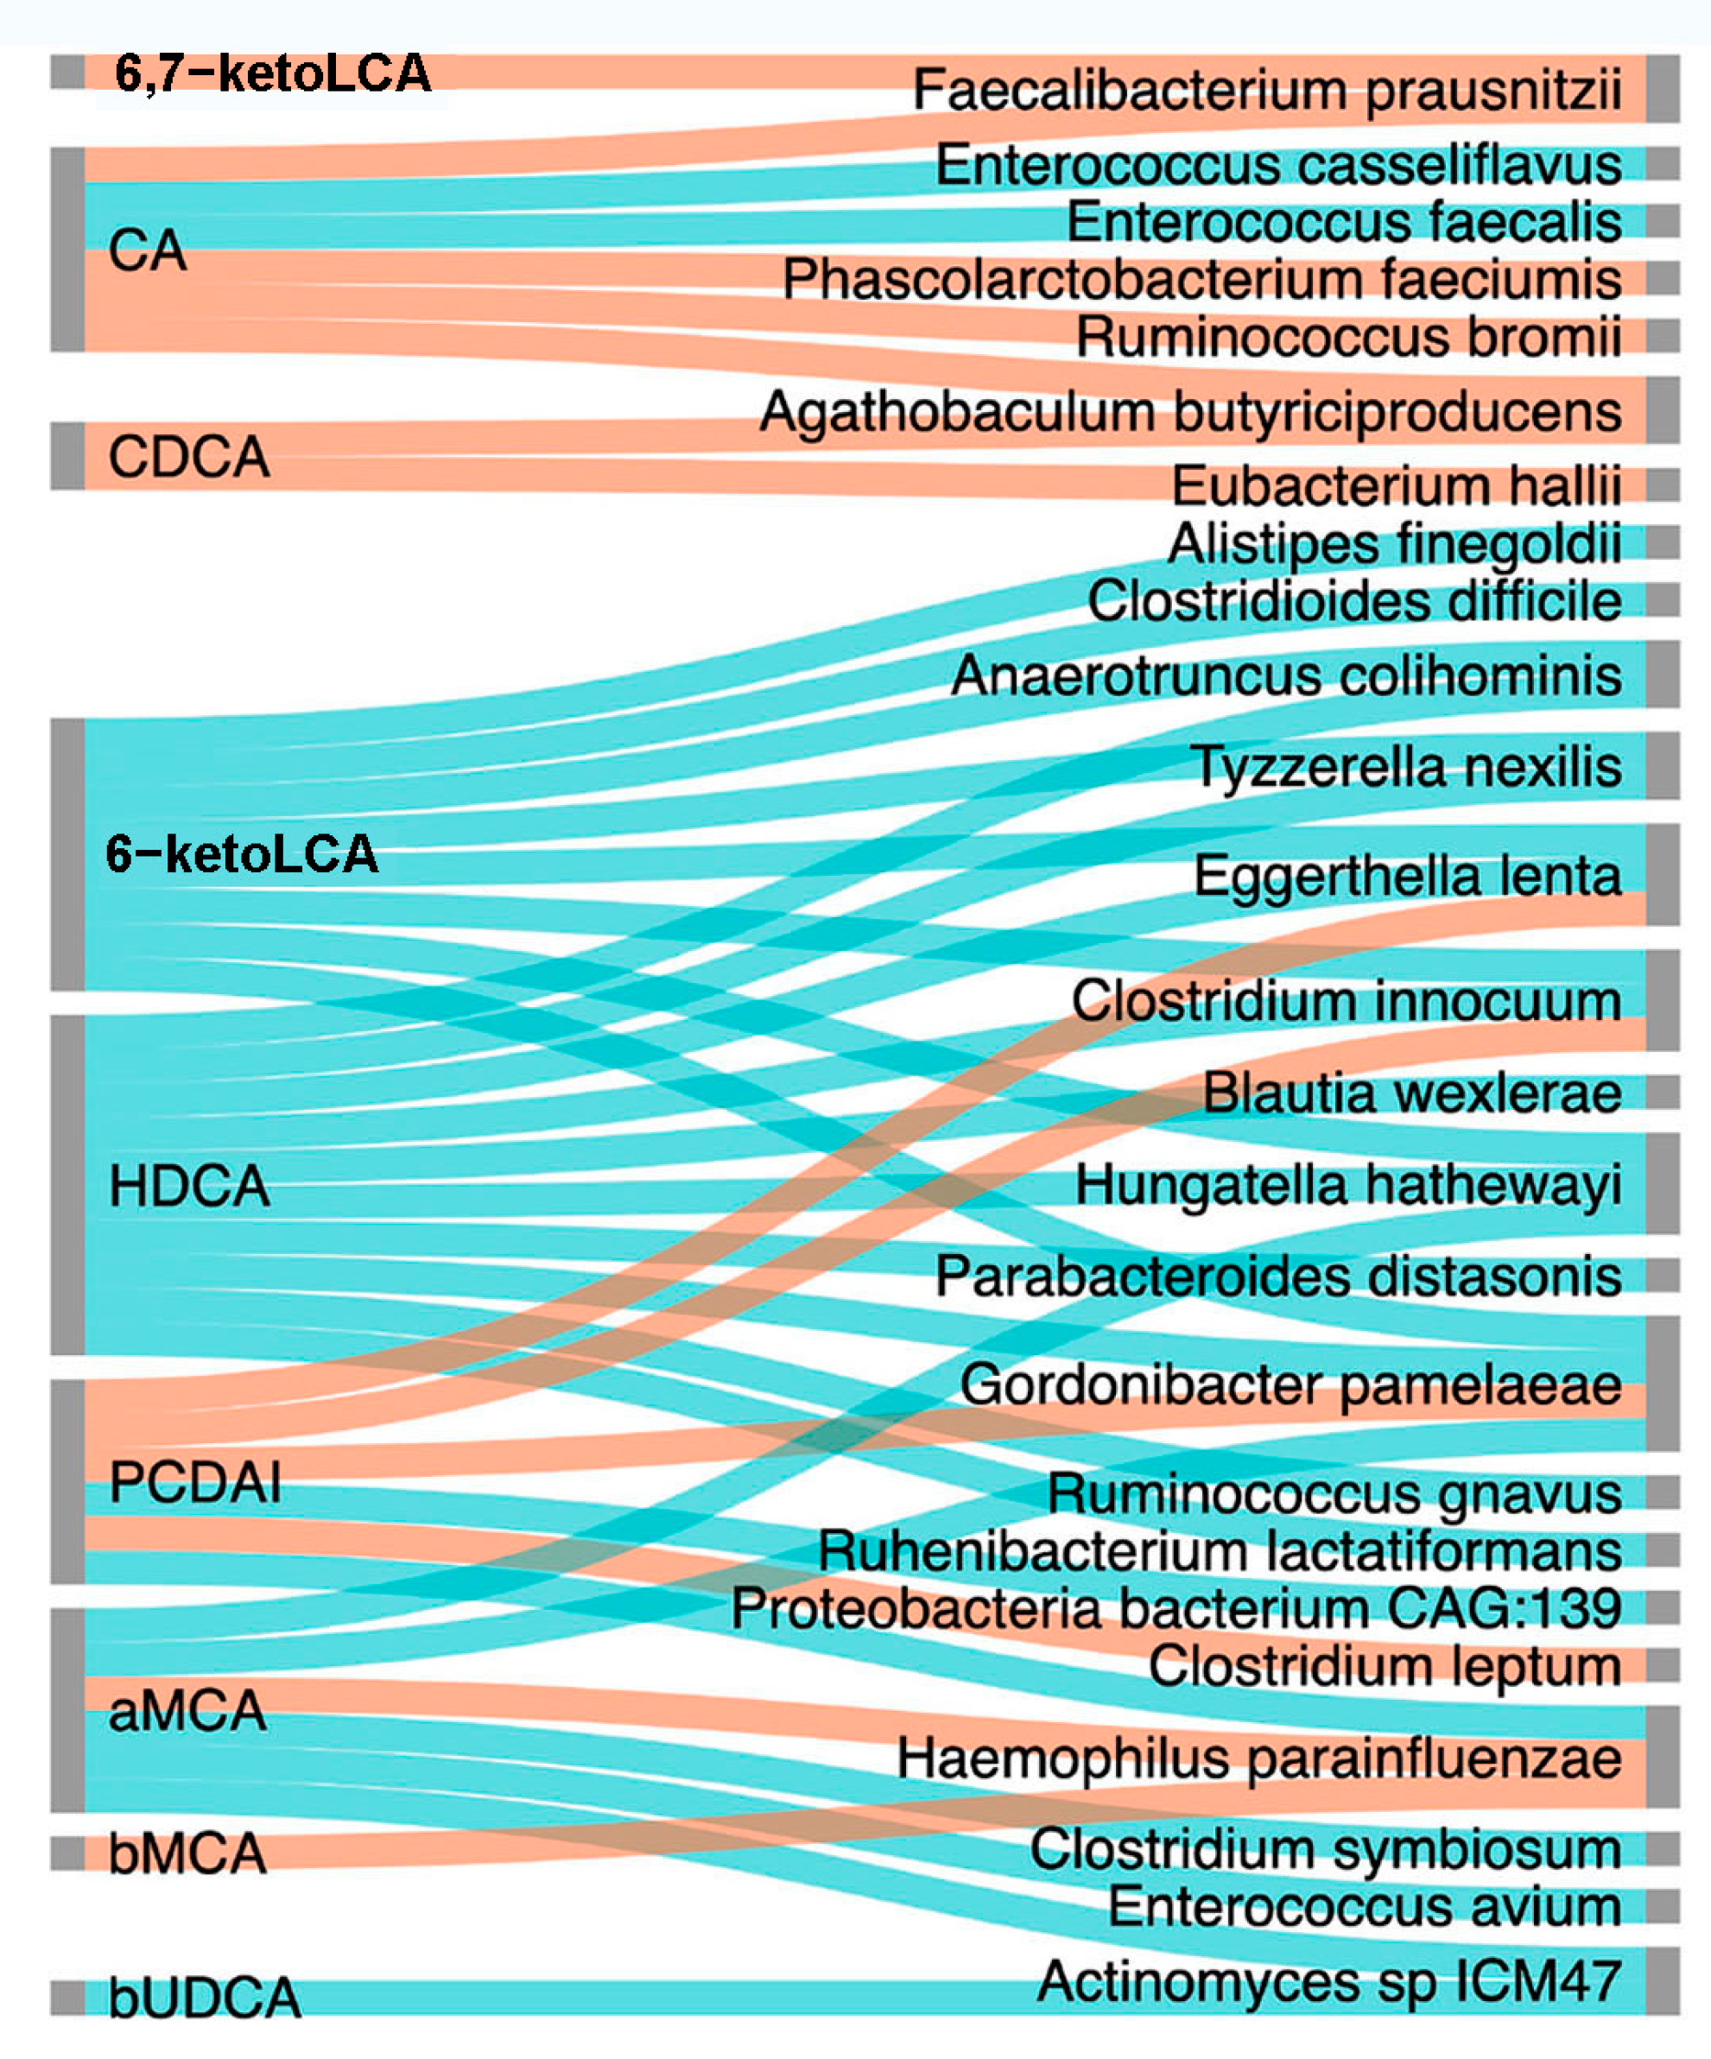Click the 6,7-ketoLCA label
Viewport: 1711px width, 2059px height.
point(273,73)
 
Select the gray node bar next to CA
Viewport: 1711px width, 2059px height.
point(67,249)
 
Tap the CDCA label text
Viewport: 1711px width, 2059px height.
point(188,457)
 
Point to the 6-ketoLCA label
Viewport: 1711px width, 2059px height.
point(241,854)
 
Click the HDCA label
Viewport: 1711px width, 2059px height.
point(189,1186)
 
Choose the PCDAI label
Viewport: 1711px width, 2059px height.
point(195,1481)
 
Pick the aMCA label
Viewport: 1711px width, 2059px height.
point(187,1711)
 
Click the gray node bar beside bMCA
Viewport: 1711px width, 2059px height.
point(67,1853)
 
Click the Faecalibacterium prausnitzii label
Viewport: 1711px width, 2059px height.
point(1267,90)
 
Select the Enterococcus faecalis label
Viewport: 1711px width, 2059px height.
point(1343,222)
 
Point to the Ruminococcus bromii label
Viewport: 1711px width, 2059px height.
point(1348,338)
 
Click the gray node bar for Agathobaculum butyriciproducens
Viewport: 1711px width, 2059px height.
point(1663,410)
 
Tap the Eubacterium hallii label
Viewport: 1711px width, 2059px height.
point(1397,485)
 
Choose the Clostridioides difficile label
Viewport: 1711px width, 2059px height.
point(1354,600)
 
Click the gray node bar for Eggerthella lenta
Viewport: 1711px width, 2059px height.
point(1663,875)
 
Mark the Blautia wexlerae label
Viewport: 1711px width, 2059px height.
point(1412,1093)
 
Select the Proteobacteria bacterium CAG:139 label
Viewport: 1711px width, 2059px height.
point(1176,1609)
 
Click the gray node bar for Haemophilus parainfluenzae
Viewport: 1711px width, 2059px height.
point(1663,1757)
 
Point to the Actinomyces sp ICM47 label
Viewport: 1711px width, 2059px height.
point(1328,1980)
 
